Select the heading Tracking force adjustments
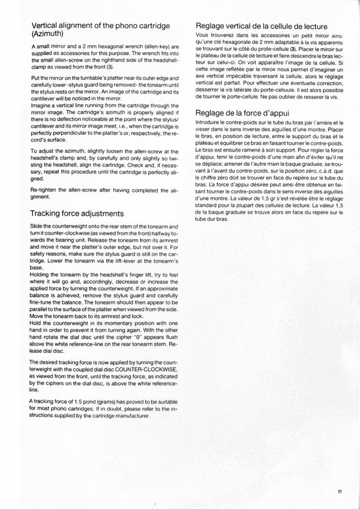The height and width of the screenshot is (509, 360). (78, 213)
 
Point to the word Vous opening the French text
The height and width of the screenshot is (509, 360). (203, 36)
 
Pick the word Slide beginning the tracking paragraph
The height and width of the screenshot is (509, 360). (38, 226)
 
